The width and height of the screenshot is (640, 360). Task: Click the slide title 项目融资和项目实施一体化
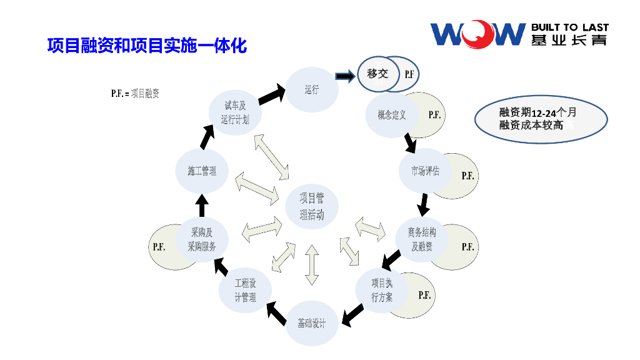pyautogui.click(x=147, y=46)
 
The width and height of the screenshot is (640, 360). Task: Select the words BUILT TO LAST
pyautogui.click(x=569, y=27)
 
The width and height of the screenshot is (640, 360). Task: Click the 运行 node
pyautogui.click(x=312, y=90)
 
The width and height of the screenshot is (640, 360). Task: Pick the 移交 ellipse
pyautogui.click(x=377, y=74)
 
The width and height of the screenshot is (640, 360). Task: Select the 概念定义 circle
pyautogui.click(x=392, y=115)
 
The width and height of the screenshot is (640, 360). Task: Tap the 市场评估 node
pyautogui.click(x=425, y=171)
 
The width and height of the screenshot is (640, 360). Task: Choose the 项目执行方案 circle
pyautogui.click(x=382, y=291)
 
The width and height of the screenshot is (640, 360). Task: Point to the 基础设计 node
pyautogui.click(x=312, y=323)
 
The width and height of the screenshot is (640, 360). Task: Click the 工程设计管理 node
pyautogui.click(x=245, y=291)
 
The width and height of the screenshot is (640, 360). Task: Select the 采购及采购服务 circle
pyautogui.click(x=201, y=239)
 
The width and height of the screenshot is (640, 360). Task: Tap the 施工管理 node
pyautogui.click(x=201, y=171)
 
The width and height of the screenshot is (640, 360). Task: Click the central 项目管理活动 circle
pyautogui.click(x=312, y=207)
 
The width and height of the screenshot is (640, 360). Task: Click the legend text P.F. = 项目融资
pyautogui.click(x=135, y=94)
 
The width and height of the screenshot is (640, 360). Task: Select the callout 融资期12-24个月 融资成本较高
pyautogui.click(x=541, y=119)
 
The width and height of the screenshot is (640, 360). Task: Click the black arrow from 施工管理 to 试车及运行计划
pyautogui.click(x=207, y=137)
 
